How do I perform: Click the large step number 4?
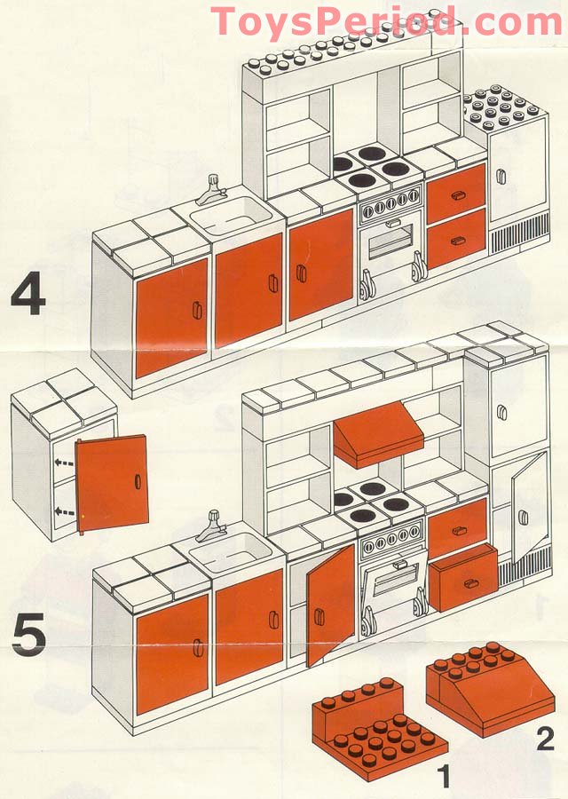pos(28,297)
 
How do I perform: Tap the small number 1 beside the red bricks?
pos(443,778)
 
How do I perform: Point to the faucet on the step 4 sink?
pos(213,188)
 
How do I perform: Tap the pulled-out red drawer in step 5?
pos(463,577)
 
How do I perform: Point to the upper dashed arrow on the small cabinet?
pos(62,463)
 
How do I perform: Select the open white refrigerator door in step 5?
pos(529,506)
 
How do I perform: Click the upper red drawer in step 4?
pos(456,193)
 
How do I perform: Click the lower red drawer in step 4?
pos(456,237)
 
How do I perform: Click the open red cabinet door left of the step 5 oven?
pos(331,605)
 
